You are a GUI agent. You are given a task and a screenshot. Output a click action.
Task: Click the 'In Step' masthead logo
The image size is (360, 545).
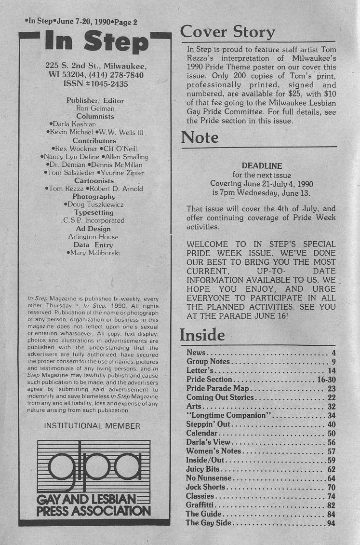tap(95, 42)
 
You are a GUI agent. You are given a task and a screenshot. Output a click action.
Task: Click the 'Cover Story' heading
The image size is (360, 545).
tap(227, 32)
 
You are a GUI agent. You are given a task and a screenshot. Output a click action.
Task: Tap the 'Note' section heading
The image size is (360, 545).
tap(200, 137)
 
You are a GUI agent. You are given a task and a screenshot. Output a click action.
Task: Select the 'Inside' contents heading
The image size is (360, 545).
tap(202, 335)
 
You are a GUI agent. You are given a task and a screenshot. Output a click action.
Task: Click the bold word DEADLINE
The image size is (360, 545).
tap(262, 166)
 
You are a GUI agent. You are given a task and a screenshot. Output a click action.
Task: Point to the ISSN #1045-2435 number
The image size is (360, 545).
tap(96, 83)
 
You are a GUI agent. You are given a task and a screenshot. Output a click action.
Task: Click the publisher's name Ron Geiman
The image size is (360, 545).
tap(95, 109)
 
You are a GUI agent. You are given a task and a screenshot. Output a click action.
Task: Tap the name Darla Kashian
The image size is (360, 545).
tap(73, 124)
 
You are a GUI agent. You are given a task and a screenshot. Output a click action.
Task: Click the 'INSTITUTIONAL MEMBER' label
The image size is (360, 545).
tap(92, 425)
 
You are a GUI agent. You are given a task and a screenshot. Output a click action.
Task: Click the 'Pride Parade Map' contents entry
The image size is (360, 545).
tap(218, 388)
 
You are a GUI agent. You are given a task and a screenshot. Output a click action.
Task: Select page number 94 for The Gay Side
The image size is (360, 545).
tap(330, 523)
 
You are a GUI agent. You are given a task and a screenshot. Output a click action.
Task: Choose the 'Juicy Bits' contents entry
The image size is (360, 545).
tap(202, 469)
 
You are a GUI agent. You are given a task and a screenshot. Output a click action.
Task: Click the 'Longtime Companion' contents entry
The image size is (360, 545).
tap(227, 415)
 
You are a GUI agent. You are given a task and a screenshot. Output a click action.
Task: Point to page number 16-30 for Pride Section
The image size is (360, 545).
tap(324, 380)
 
